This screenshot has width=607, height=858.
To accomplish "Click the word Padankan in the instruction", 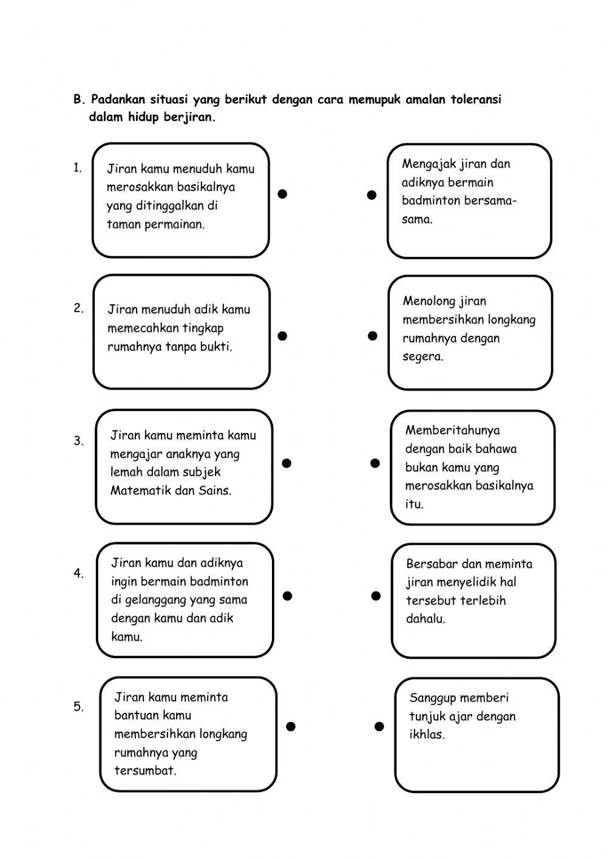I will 117,100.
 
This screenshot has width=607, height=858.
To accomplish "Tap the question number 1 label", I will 78,168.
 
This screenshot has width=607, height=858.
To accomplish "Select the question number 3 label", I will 79,441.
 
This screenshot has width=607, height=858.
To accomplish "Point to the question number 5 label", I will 79,707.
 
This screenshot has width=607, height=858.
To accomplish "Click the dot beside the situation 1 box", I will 282,194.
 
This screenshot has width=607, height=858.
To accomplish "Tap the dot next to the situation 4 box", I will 288,596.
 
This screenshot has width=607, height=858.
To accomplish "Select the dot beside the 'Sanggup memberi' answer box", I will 379,726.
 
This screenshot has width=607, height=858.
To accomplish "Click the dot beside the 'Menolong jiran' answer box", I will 373,336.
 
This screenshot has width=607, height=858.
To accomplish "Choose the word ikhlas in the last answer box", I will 427,735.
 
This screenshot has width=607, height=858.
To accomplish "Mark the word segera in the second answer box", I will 422,356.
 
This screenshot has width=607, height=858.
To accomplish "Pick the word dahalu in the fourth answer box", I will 426,619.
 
